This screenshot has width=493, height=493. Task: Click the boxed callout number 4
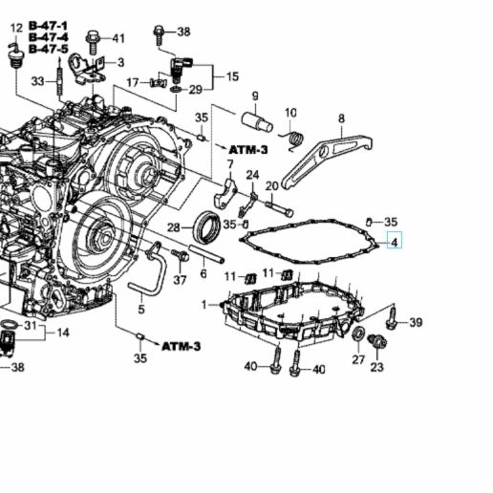(x=394, y=242)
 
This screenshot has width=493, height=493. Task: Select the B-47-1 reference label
(x=48, y=24)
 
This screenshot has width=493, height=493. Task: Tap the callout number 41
(x=118, y=38)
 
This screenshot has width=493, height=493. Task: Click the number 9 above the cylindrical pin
(x=255, y=96)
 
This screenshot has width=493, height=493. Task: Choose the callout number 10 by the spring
(x=290, y=112)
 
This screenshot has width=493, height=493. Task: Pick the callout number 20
(x=271, y=185)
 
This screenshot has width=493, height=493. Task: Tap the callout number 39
(x=415, y=323)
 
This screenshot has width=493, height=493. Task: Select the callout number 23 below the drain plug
(x=376, y=366)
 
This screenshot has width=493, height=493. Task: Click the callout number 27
(x=358, y=359)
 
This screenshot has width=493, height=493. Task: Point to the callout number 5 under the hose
(x=140, y=310)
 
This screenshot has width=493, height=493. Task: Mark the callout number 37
(x=180, y=279)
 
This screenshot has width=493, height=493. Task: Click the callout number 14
(x=63, y=332)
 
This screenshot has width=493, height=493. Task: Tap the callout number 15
(x=232, y=75)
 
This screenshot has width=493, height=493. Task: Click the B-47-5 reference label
(x=48, y=49)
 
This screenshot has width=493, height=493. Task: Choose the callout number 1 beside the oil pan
(x=204, y=304)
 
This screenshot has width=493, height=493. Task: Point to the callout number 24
(x=252, y=175)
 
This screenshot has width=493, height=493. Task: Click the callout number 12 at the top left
(x=14, y=30)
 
